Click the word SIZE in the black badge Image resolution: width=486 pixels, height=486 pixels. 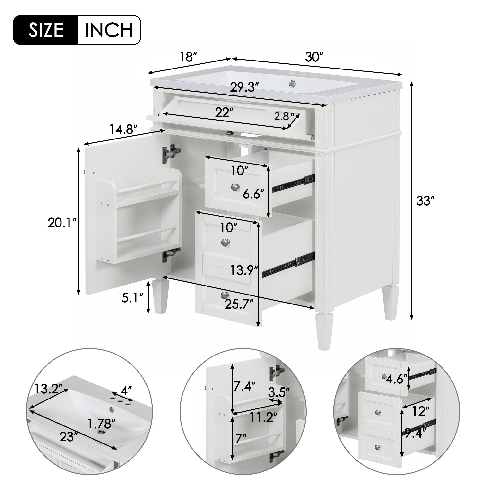click(x=46, y=30)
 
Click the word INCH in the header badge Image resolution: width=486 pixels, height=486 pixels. click(x=109, y=30)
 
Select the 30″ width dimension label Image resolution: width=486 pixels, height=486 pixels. click(x=314, y=57)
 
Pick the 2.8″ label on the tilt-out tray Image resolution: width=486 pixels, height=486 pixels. click(x=284, y=116)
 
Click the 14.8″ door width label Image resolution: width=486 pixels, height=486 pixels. click(x=123, y=130)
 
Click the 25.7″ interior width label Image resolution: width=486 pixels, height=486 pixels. click(x=239, y=305)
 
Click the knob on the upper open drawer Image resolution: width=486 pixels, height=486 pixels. click(x=235, y=187)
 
